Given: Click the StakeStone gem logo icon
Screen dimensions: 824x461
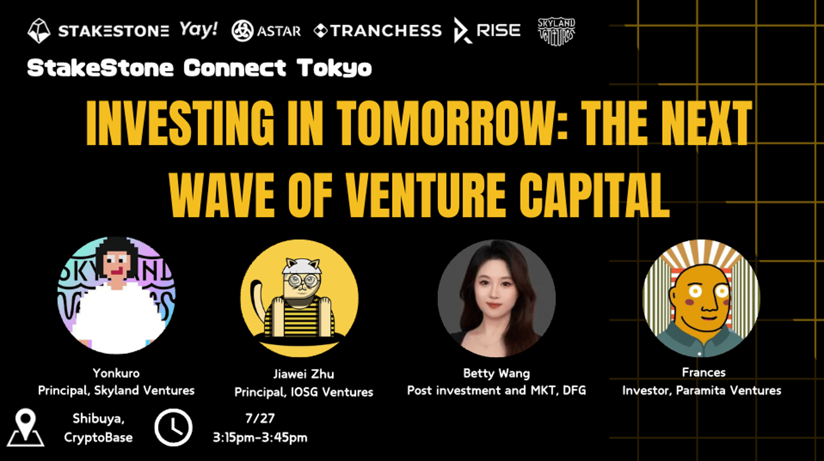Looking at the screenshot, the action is [39, 31].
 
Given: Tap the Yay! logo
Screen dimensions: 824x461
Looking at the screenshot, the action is [199, 30].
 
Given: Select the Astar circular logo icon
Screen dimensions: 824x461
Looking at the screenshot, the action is [243, 30].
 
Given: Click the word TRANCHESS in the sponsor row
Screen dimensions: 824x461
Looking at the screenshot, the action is [386, 30].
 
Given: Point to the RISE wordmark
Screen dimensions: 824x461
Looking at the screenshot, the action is [499, 30].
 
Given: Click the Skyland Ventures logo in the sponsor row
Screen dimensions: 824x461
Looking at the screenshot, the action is [556, 32].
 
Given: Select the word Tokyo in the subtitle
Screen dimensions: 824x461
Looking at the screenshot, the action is [334, 68].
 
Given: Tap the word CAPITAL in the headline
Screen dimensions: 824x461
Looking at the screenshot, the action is [595, 195].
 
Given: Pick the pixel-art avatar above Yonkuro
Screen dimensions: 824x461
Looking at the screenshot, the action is [116, 295].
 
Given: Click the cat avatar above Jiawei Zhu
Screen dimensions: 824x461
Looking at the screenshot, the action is [299, 298].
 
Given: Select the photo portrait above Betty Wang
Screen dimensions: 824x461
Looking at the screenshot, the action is [496, 298].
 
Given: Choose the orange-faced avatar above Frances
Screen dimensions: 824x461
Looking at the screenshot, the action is [701, 298].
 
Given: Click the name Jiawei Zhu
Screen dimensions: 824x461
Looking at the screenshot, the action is [304, 374].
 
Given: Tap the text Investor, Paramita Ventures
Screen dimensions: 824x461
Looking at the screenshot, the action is [702, 391].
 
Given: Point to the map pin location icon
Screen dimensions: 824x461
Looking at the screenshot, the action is [26, 428].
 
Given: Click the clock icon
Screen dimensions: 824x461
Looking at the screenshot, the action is [173, 428].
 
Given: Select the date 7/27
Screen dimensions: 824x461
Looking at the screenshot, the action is [260, 418].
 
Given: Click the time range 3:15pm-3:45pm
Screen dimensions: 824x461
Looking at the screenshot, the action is [260, 438].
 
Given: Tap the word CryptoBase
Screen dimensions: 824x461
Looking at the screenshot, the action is [98, 438].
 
